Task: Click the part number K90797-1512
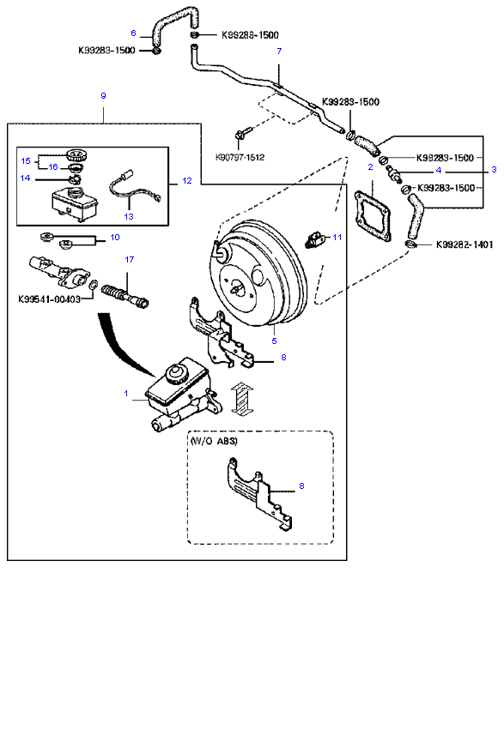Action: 240,157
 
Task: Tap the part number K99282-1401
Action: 465,244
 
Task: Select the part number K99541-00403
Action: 49,299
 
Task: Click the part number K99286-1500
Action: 251,34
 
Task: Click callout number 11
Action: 337,237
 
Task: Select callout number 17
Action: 130,259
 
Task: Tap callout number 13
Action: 129,216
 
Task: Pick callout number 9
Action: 103,95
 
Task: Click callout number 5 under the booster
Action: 274,341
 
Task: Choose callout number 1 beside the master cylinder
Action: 126,393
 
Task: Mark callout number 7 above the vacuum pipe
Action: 279,51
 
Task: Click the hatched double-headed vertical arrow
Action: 241,400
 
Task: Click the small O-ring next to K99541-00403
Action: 94,285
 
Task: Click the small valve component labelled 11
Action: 314,238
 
